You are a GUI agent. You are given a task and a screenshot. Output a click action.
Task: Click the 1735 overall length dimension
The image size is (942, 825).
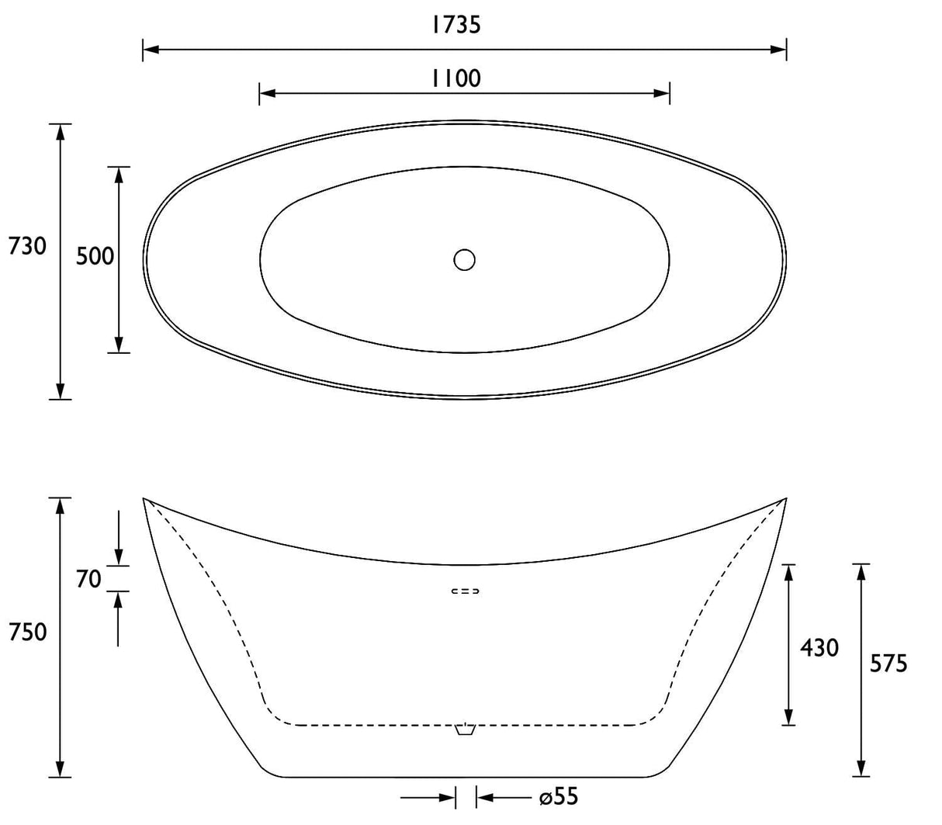pyautogui.click(x=456, y=25)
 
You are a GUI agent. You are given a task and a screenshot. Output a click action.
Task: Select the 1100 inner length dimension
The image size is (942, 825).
pyautogui.click(x=456, y=78)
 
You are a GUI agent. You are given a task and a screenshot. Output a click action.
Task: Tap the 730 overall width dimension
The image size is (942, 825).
pyautogui.click(x=27, y=247)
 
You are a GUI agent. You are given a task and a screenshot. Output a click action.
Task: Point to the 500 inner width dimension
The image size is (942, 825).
pyautogui.click(x=95, y=256)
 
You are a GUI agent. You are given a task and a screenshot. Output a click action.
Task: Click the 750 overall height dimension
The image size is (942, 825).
pyautogui.click(x=27, y=632)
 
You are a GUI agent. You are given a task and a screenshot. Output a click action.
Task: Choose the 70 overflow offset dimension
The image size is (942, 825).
pyautogui.click(x=88, y=578)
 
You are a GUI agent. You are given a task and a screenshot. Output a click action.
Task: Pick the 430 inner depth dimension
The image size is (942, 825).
pyautogui.click(x=819, y=647)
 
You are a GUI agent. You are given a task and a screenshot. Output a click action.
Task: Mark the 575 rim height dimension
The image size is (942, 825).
pyautogui.click(x=888, y=664)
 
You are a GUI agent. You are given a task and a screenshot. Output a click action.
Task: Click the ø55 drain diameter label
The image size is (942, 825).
pyautogui.click(x=559, y=797)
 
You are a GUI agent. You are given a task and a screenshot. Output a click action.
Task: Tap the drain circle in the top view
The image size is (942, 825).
pyautogui.click(x=464, y=259)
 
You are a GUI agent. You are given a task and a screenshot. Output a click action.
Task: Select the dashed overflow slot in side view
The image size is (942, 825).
pyautogui.click(x=466, y=591)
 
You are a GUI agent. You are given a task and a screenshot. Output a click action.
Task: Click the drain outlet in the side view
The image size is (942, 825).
pyautogui.click(x=464, y=730)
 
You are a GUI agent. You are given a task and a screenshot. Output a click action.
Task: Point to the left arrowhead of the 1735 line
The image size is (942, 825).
pyautogui.click(x=151, y=50)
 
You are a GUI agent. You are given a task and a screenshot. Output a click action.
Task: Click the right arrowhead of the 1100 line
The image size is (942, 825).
pyautogui.click(x=663, y=94)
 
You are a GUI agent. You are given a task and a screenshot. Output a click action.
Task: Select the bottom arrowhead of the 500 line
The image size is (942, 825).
pyautogui.click(x=119, y=346)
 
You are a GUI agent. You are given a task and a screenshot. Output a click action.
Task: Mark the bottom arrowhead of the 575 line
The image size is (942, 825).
pyautogui.click(x=861, y=769)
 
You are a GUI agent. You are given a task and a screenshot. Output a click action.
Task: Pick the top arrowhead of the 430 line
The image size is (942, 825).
pyautogui.click(x=788, y=572)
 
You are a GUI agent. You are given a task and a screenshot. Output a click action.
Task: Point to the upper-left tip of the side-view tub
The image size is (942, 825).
pyautogui.click(x=144, y=498)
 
